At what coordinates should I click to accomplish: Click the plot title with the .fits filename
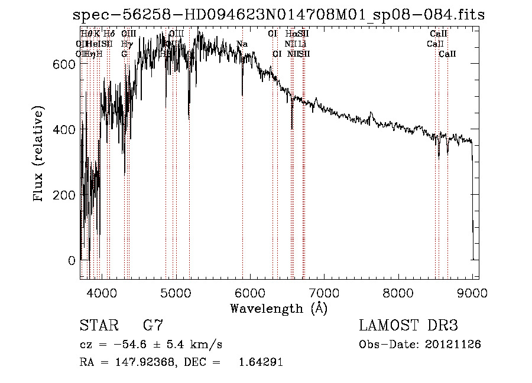click(x=278, y=15)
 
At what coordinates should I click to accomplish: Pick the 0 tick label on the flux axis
click(x=71, y=260)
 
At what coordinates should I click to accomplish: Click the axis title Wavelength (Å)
click(x=278, y=308)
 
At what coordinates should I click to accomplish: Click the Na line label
click(x=242, y=44)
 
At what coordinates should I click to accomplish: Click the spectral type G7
click(x=153, y=326)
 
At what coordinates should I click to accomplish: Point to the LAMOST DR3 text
click(x=408, y=326)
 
